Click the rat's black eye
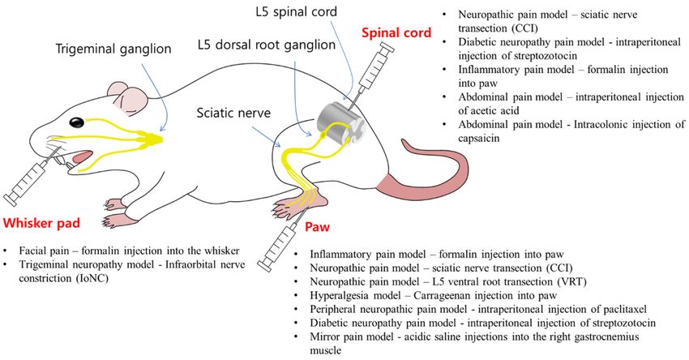point(77,122)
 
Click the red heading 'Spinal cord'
point(396,32)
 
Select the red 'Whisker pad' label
point(41,223)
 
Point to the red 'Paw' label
point(317,227)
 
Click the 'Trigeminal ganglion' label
point(113,49)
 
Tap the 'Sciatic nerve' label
point(233,113)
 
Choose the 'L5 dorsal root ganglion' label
point(267,45)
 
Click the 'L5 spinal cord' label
point(296,11)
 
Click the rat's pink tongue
point(83,156)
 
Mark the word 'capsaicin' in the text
point(479,138)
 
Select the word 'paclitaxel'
point(624,309)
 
